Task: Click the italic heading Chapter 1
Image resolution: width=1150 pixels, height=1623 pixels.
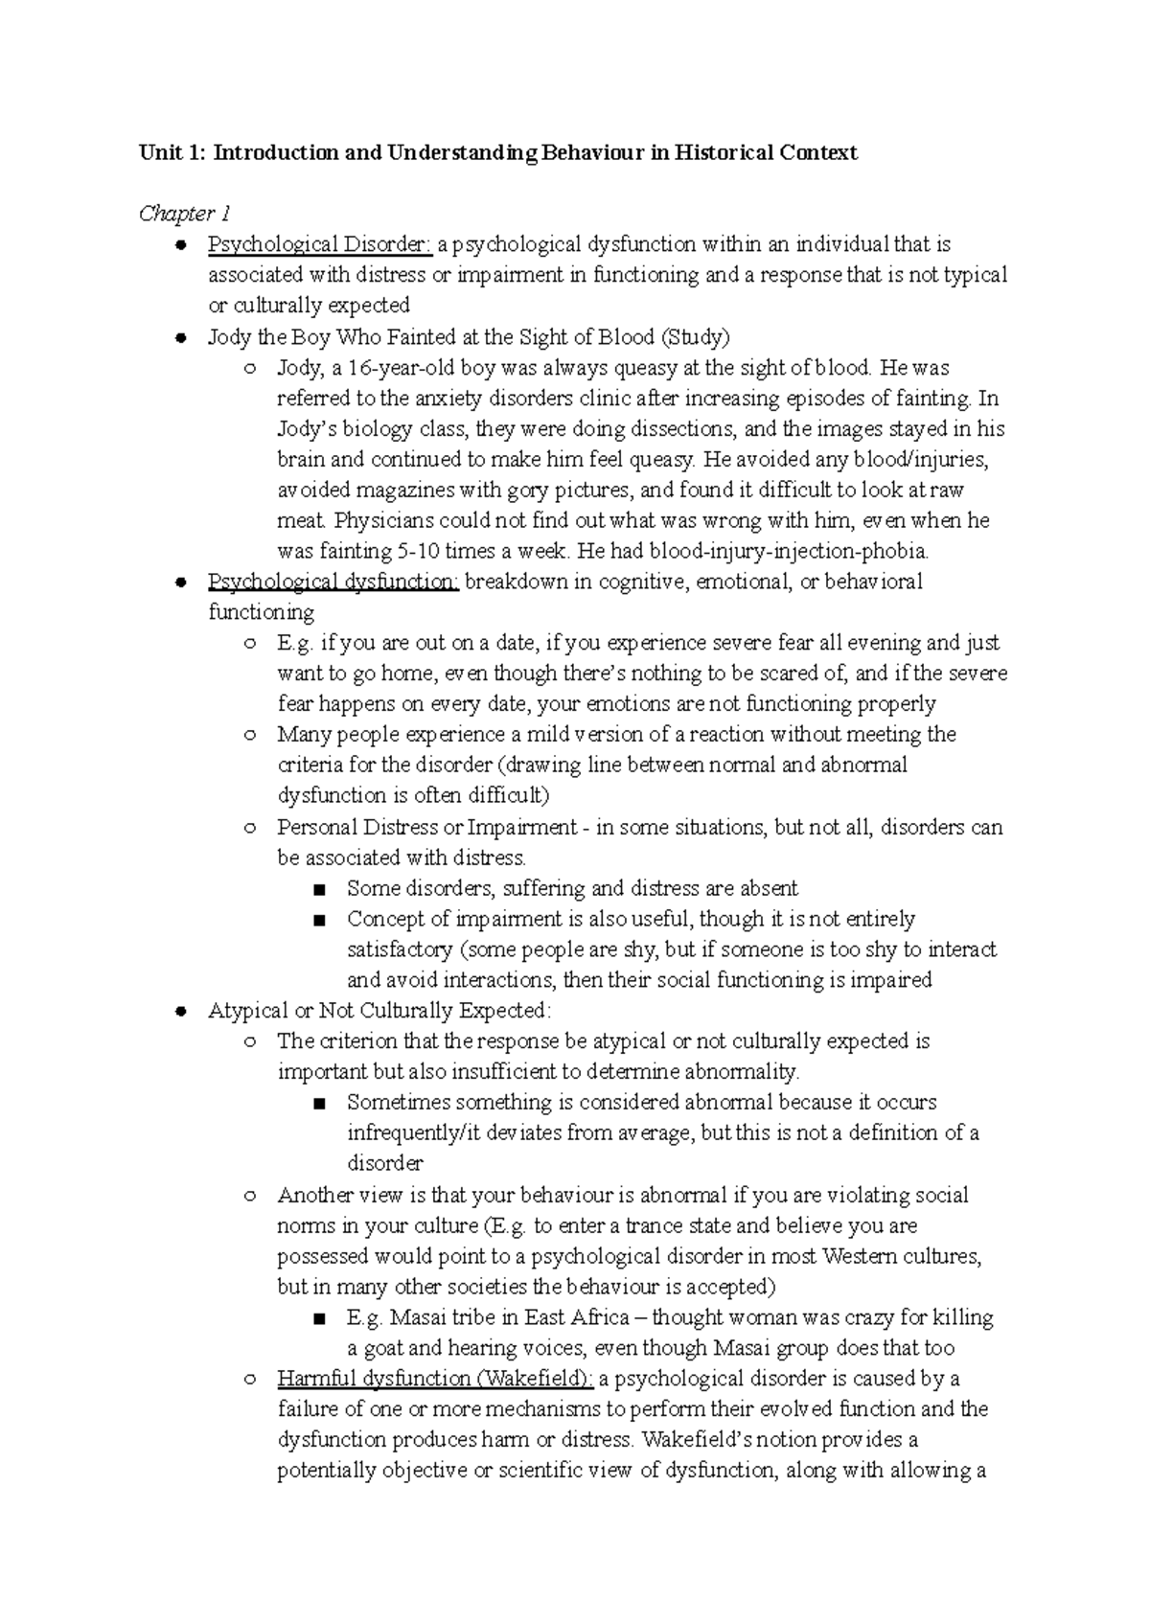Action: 185,214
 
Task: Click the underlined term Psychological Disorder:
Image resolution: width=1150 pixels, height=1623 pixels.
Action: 320,245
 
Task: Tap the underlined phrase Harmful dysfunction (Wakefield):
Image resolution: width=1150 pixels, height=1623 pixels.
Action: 435,1379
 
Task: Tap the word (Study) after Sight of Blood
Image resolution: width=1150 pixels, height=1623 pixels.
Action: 695,337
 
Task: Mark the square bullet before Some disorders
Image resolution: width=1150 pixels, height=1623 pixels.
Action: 320,889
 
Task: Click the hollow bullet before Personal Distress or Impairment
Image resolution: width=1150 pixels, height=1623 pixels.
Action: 250,828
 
